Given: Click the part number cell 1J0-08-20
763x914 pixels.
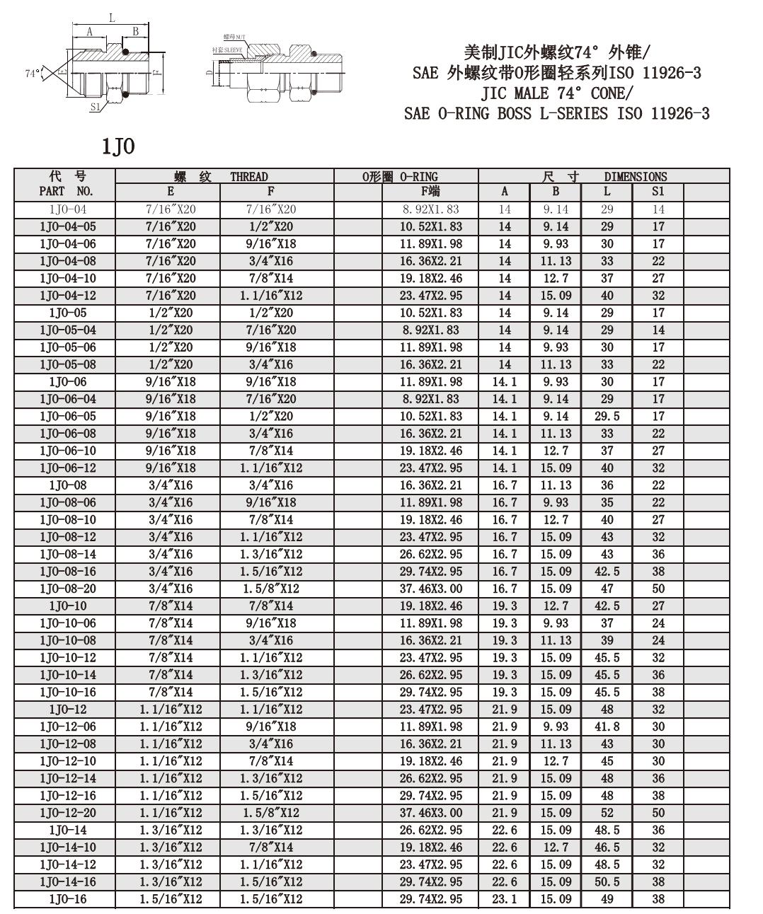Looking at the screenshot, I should [x=68, y=589].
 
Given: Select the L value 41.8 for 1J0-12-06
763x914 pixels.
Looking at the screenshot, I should [x=607, y=727].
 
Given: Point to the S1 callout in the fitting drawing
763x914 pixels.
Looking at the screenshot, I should [x=96, y=107].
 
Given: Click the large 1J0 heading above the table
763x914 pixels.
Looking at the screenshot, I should [x=117, y=146].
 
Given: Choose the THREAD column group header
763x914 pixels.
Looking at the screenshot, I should [x=248, y=176].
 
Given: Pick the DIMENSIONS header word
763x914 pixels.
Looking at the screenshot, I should [x=635, y=176].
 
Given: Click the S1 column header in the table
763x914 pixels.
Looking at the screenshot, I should [x=658, y=191].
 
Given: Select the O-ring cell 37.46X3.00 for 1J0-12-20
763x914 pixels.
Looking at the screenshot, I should [x=430, y=813].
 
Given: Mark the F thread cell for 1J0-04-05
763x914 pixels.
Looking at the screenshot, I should [x=270, y=226].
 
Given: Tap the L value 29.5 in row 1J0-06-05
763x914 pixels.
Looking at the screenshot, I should [x=607, y=416].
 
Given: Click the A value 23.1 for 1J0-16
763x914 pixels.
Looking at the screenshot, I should [x=505, y=899].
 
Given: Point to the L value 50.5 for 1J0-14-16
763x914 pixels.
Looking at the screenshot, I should [x=607, y=881].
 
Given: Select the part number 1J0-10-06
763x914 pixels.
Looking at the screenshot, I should [x=68, y=623].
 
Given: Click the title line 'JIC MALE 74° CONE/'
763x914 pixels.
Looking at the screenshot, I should [x=556, y=93].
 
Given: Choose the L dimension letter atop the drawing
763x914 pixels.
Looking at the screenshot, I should [x=112, y=19].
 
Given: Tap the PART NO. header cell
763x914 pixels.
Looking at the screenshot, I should [x=66, y=191].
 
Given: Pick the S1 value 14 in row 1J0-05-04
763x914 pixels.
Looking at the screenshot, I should [x=658, y=330].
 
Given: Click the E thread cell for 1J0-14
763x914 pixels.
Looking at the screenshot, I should [x=171, y=830].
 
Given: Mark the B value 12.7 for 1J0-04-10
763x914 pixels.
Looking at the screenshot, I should [x=556, y=278].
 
